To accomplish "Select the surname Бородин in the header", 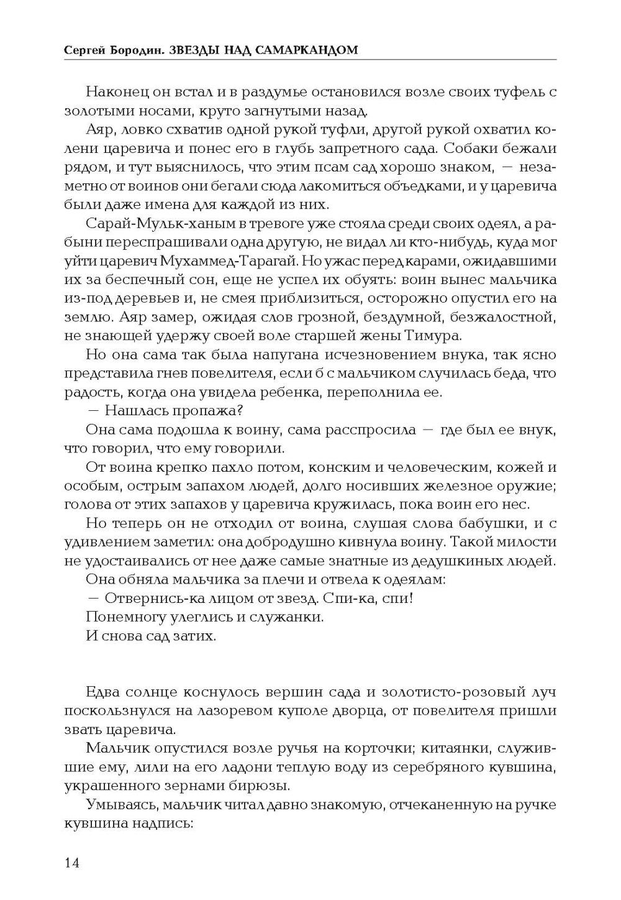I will (x=135, y=50).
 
